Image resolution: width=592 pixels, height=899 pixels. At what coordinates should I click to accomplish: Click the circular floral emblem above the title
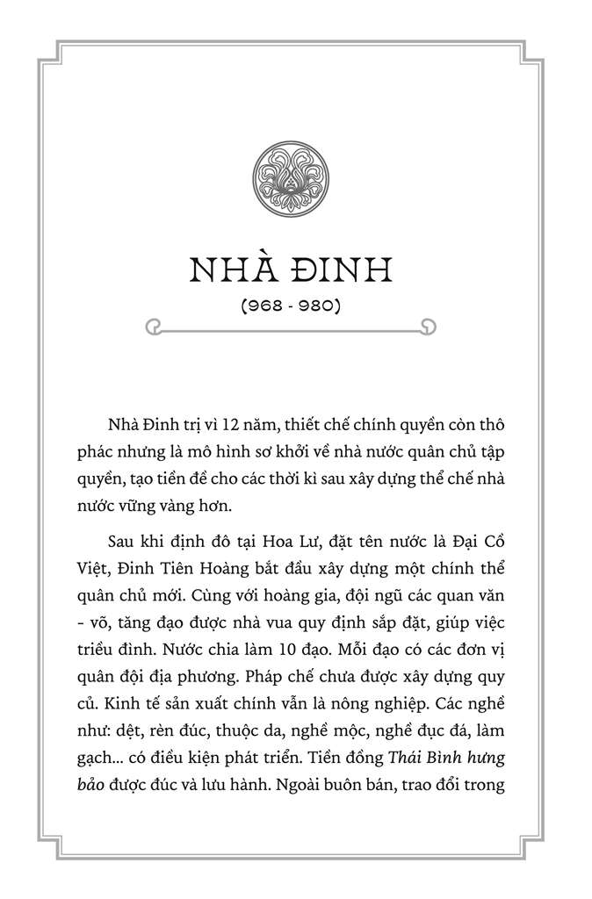[295, 178]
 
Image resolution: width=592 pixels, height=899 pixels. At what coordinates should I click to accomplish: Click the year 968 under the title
[261, 307]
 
